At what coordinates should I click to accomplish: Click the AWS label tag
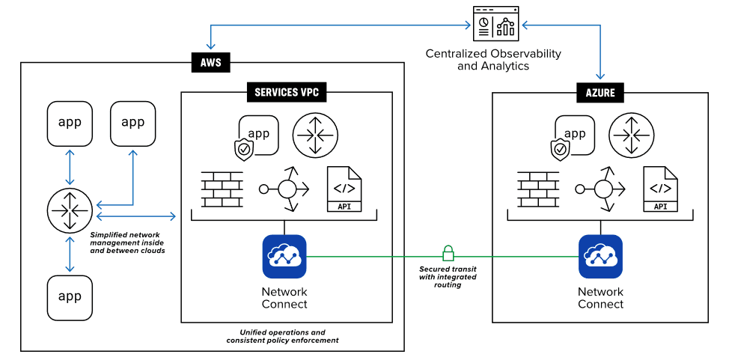click(x=210, y=62)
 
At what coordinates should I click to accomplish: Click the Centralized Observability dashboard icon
click(x=495, y=25)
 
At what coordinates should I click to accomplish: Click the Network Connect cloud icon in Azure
click(x=600, y=256)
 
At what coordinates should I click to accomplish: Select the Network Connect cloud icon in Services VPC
click(x=284, y=256)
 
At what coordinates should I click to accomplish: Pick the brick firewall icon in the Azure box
click(x=538, y=189)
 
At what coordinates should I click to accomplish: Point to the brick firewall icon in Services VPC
click(x=222, y=189)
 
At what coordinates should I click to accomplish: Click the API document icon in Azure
click(x=661, y=189)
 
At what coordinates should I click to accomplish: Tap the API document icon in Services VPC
click(x=344, y=189)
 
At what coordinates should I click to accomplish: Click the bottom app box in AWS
click(x=70, y=296)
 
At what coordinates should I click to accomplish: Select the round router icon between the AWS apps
click(x=70, y=210)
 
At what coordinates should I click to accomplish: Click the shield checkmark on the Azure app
click(x=560, y=150)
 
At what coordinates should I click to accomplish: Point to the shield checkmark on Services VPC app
click(x=244, y=150)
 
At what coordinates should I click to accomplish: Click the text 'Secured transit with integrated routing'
click(x=448, y=276)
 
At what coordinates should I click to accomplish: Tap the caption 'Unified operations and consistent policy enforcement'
click(x=283, y=335)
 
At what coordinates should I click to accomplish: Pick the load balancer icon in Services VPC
click(x=284, y=189)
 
